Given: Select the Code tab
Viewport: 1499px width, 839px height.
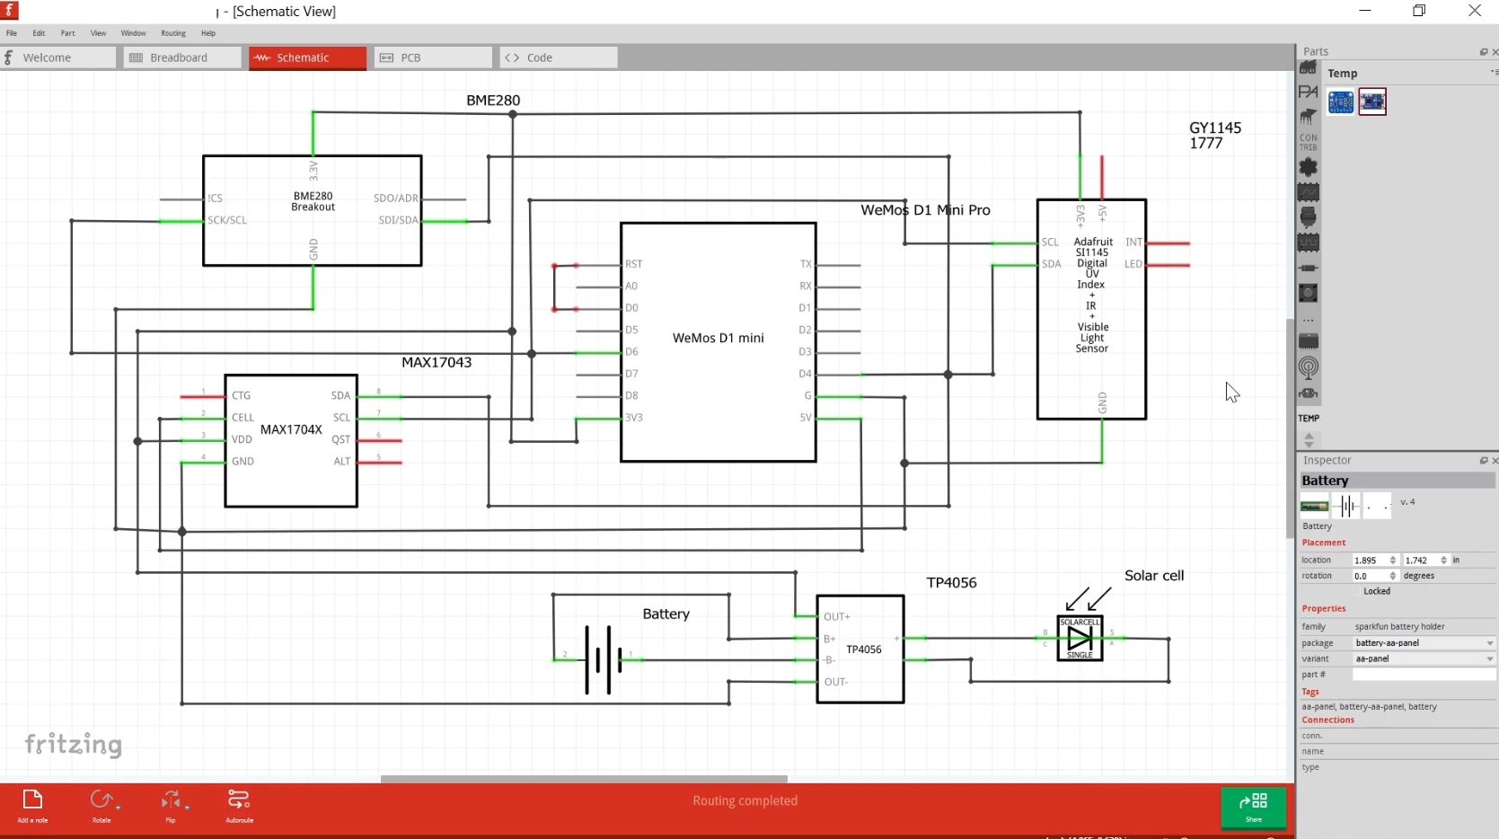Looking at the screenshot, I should (558, 57).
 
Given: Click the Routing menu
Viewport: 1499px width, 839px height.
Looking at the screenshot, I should (173, 33).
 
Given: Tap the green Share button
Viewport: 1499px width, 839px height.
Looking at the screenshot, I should (1253, 806).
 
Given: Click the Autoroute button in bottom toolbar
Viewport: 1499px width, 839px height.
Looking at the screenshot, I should (239, 805).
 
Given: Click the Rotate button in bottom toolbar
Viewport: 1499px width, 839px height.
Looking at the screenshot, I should (101, 805).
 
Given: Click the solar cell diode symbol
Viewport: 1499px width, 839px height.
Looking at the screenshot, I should (1080, 639).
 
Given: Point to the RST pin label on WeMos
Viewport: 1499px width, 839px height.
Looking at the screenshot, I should (634, 264).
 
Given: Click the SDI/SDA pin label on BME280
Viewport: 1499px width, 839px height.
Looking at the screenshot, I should (398, 220).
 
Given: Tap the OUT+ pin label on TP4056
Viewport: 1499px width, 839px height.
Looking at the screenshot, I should (836, 617).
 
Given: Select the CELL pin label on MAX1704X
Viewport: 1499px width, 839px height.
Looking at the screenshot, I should (242, 418).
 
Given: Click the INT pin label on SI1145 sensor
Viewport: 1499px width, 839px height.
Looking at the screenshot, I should (1133, 243).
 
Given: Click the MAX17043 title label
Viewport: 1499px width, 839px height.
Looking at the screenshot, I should (436, 363).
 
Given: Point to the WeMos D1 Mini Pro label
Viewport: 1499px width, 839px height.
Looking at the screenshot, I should (925, 210).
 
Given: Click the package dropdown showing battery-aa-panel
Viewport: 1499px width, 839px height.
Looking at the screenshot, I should (1424, 643).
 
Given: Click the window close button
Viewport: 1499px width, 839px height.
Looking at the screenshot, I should (1475, 11).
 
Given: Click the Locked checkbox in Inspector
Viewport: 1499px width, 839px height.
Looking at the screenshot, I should (1357, 591).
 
